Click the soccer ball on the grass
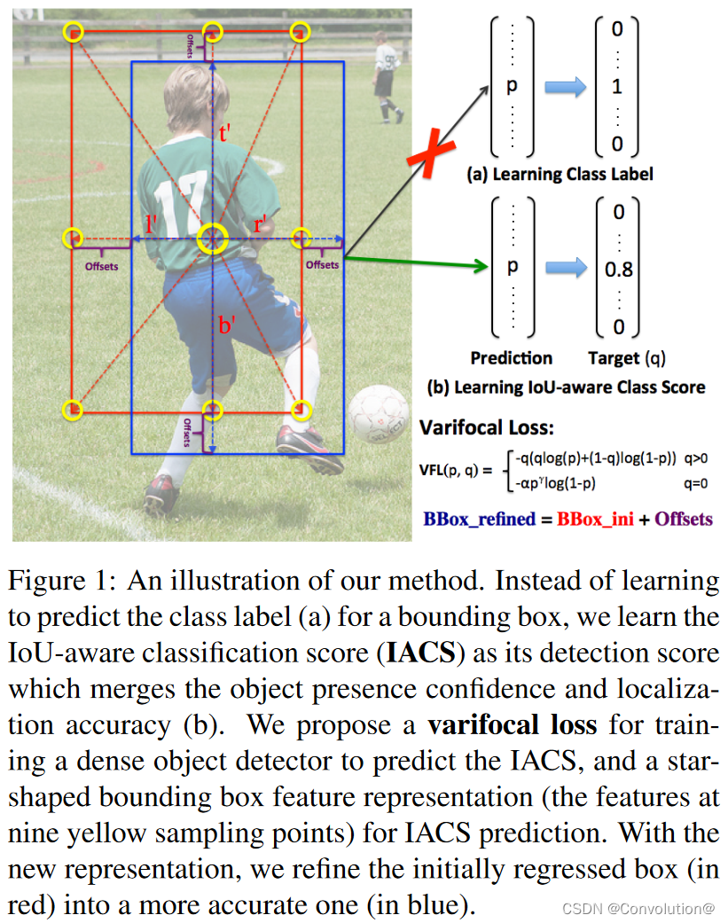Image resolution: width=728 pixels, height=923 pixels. (379, 417)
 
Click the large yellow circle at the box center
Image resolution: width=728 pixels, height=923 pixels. (213, 238)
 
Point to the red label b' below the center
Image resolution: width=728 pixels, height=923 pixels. (226, 325)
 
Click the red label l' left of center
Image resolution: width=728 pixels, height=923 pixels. (153, 223)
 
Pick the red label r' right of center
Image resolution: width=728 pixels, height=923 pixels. (262, 224)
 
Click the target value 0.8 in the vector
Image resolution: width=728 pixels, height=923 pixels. (618, 270)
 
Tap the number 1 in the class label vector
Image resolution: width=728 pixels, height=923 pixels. (617, 87)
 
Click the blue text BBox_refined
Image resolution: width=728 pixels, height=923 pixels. (479, 519)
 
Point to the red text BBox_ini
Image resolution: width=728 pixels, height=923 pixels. (595, 519)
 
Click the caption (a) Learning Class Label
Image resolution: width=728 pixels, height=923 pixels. (560, 174)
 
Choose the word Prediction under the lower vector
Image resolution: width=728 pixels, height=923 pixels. (512, 358)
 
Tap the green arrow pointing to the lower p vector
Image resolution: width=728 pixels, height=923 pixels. (417, 262)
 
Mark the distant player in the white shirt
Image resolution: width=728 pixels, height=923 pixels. (385, 75)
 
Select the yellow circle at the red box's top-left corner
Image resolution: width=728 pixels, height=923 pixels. (74, 33)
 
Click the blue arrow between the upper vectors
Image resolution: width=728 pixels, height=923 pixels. (565, 87)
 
